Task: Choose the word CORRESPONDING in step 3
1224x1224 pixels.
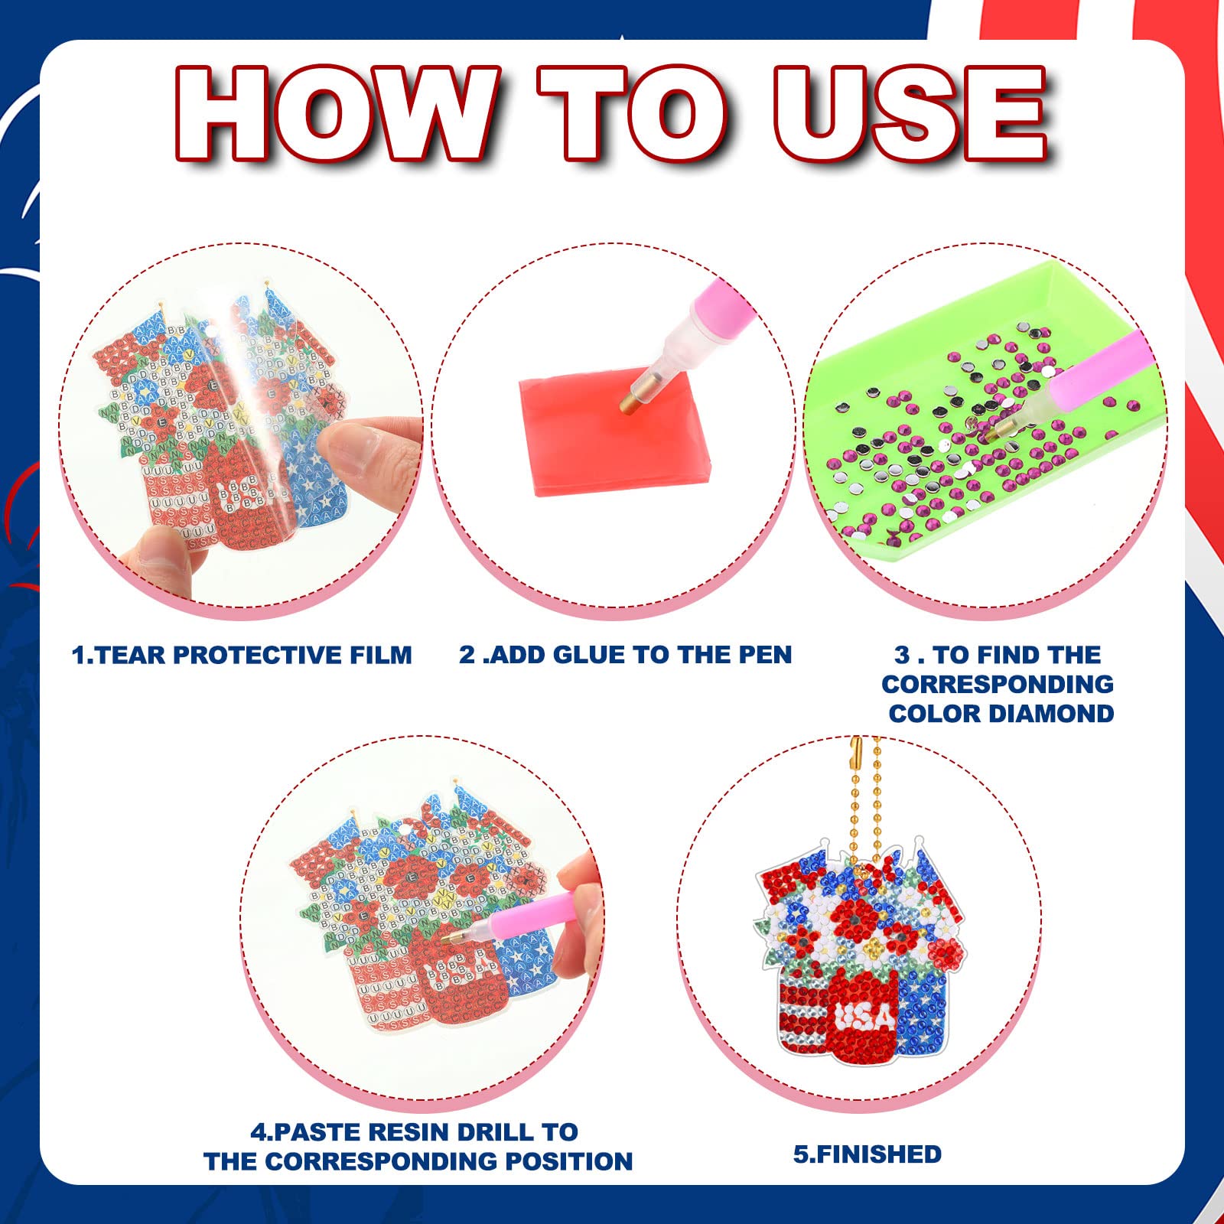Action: click(997, 684)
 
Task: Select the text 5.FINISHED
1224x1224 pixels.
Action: click(868, 1154)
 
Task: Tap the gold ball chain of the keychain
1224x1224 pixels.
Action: click(866, 796)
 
